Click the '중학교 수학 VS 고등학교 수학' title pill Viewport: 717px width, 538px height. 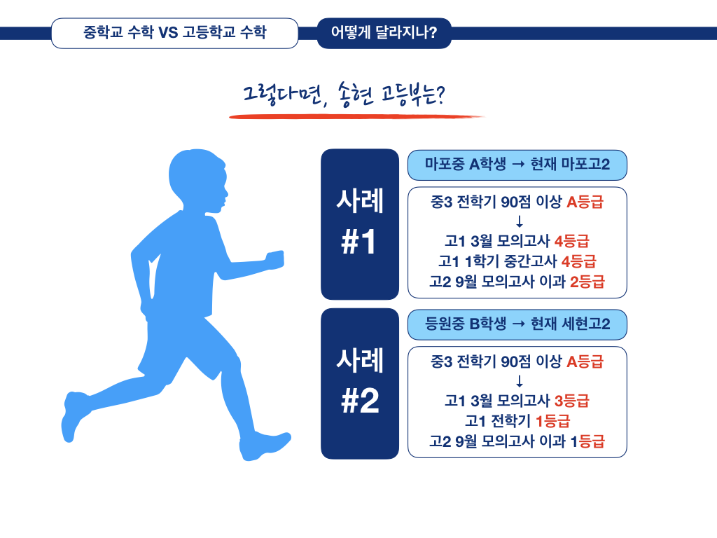(174, 33)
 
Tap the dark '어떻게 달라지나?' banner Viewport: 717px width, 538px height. (384, 33)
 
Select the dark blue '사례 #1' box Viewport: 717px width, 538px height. (359, 224)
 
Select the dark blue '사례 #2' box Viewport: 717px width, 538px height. (359, 383)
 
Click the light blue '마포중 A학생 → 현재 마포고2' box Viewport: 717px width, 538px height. (517, 165)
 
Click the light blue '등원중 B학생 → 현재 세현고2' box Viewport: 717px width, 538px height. (517, 324)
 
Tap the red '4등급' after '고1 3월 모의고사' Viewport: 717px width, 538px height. (571, 242)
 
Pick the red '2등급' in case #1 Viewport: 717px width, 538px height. (587, 282)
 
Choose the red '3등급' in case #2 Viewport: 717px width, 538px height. (571, 401)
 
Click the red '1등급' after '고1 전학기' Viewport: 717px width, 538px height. (552, 422)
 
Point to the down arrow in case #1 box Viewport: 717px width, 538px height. (519, 223)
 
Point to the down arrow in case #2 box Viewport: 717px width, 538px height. (519, 382)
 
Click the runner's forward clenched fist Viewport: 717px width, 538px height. (275, 258)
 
